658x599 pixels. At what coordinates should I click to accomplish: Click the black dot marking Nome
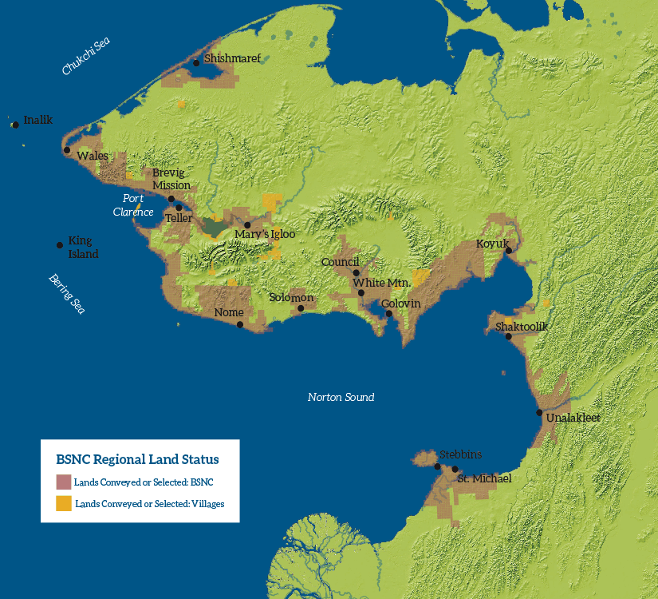240,324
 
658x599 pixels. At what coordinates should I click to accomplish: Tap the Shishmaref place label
232,58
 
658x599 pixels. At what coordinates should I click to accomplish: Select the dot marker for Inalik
15,125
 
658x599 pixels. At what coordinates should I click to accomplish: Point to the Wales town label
93,156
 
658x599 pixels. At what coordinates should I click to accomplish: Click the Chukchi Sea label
86,57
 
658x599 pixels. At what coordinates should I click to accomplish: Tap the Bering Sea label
66,293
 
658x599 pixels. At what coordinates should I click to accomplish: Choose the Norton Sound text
341,397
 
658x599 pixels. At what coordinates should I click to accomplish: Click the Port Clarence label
133,205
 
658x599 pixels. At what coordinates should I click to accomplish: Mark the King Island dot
60,245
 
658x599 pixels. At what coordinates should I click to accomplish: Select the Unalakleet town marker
539,413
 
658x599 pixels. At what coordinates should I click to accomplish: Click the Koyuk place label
492,244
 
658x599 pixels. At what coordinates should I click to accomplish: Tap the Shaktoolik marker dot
508,336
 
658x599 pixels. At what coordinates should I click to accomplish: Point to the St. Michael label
484,478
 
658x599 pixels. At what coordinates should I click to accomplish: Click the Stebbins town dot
437,466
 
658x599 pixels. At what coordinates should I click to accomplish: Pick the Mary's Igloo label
265,234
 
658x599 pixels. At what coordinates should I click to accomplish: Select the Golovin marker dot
389,314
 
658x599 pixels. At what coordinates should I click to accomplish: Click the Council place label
341,262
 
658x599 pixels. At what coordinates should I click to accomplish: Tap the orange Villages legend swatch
64,503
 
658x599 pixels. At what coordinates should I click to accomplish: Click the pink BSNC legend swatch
64,482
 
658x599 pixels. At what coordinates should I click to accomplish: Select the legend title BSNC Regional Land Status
137,459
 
